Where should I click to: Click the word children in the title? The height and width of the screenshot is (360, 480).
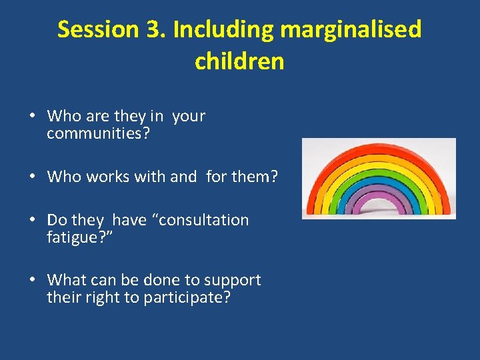click(x=239, y=61)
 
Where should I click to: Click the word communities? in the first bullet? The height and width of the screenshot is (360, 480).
click(x=98, y=133)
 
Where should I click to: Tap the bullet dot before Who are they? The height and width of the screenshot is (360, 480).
click(x=32, y=116)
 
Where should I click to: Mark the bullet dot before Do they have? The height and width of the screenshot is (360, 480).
click(x=32, y=220)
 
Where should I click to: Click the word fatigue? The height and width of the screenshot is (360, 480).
click(x=77, y=237)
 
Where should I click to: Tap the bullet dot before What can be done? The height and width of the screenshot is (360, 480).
click(x=32, y=280)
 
